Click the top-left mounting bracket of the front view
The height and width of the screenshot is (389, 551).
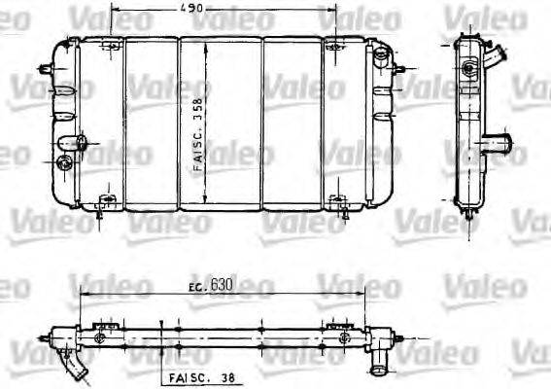(x=109, y=46)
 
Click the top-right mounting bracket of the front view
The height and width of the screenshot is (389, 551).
(x=335, y=46)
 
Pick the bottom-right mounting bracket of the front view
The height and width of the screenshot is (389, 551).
(x=338, y=203)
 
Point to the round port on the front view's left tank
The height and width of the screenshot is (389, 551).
(x=64, y=162)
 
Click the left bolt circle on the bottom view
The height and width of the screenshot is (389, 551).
(x=101, y=337)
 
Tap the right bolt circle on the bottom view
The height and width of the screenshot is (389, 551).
(x=343, y=337)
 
